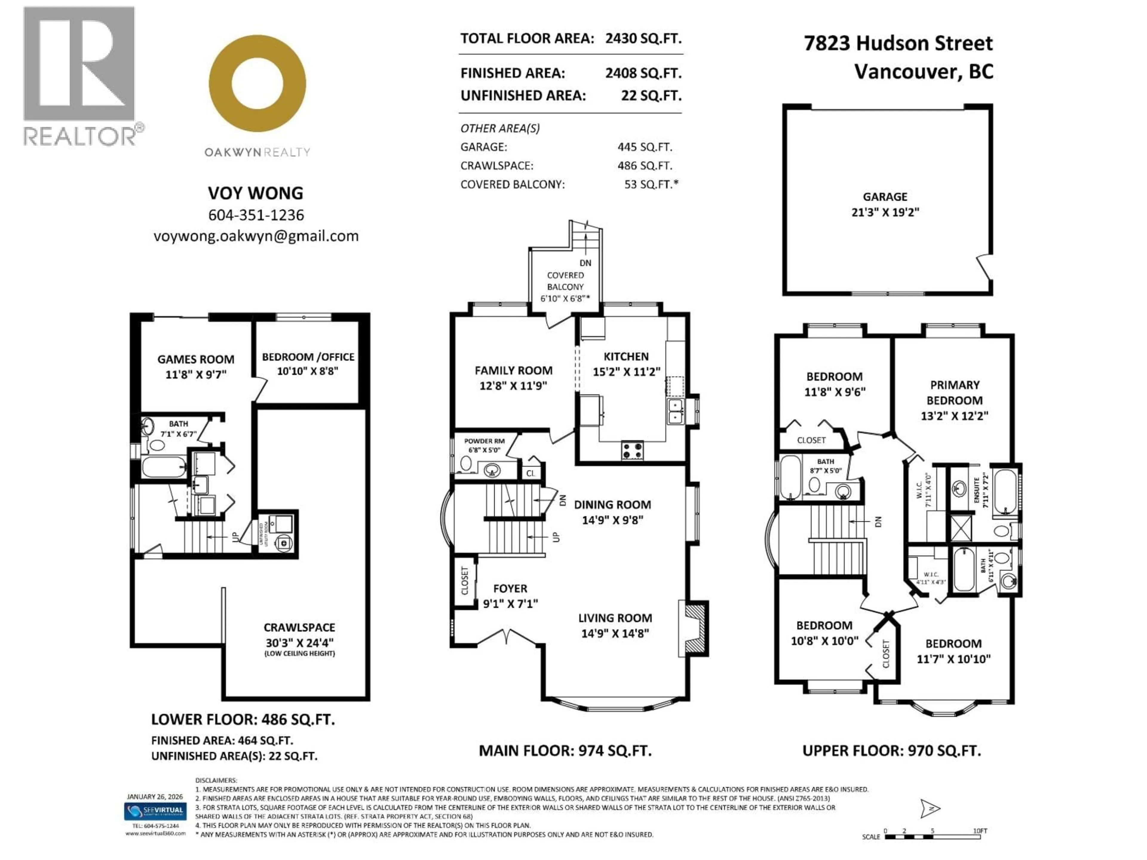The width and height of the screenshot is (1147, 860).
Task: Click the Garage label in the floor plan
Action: coord(885,197)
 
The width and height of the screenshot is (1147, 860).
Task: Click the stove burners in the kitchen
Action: coord(632,450)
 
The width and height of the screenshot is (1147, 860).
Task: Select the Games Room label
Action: coord(195,359)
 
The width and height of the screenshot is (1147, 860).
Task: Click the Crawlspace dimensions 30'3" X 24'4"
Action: coord(299,642)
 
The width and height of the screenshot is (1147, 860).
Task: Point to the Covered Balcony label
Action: coord(565,281)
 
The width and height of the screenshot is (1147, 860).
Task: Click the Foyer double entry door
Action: coord(508,637)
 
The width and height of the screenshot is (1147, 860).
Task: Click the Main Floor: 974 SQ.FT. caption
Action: coord(565,751)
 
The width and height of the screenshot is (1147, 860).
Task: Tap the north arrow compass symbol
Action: coord(930,808)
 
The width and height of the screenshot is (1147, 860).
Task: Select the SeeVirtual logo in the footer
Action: coord(155,811)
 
